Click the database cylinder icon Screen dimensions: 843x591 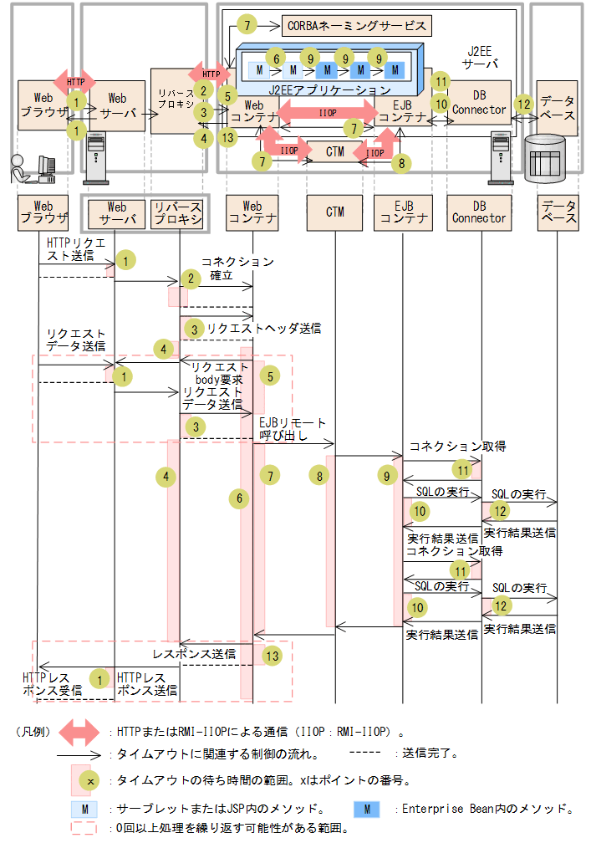tap(543, 159)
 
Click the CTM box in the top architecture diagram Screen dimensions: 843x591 tap(335, 151)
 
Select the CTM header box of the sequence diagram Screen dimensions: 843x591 tap(335, 212)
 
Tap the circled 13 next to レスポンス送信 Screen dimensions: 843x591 tap(272, 657)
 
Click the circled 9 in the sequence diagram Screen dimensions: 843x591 tap(385, 476)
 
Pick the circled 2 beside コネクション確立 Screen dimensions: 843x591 tap(191, 278)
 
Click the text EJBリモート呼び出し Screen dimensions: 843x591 tap(293, 429)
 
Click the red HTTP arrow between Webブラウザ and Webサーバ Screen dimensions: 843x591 tap(75, 81)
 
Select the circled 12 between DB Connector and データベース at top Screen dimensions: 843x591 tap(524, 105)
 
